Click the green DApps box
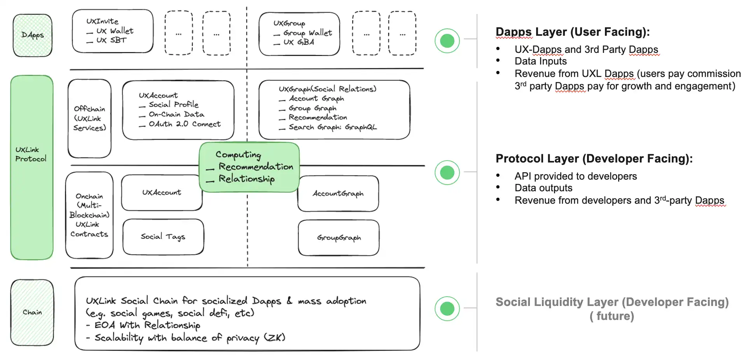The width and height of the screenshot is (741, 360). (x=33, y=35)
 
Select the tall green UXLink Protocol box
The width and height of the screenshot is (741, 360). (x=32, y=167)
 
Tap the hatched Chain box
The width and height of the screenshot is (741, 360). (x=32, y=313)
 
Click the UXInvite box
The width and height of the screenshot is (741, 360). (x=113, y=31)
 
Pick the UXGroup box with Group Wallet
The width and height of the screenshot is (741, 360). (x=299, y=34)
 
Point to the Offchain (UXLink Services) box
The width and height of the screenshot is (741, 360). (x=89, y=119)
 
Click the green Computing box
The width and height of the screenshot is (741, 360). (x=249, y=167)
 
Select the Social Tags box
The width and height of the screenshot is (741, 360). (x=163, y=237)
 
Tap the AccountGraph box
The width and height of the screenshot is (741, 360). (x=338, y=194)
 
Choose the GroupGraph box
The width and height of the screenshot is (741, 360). (x=339, y=238)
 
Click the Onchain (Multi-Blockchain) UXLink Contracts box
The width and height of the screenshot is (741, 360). (x=89, y=215)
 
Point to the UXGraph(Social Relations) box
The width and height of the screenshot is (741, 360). (x=334, y=110)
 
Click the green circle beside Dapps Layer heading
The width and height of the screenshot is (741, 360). (x=447, y=40)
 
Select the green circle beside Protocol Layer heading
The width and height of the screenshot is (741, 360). (x=447, y=172)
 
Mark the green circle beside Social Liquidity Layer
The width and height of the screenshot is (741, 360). (x=447, y=309)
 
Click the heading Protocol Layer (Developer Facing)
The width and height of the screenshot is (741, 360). (x=594, y=159)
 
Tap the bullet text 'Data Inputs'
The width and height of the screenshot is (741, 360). (x=540, y=61)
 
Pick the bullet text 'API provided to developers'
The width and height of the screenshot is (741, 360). (x=576, y=176)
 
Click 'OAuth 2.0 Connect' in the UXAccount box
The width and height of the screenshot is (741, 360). (x=185, y=124)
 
